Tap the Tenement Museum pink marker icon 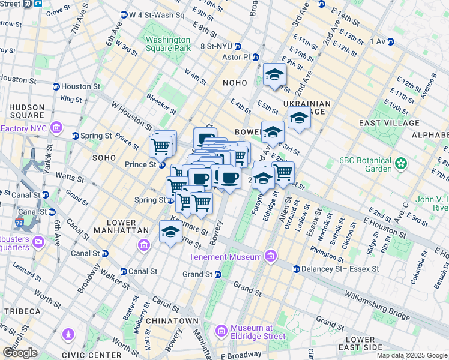coord(271,257)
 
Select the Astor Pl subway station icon coord(256,58)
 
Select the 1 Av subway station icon coord(391,41)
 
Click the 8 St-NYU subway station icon coord(238,46)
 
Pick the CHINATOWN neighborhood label coord(174,321)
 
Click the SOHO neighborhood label coord(103,157)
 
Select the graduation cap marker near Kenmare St coord(170,232)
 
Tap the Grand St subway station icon coord(218,274)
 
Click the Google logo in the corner coord(20,353)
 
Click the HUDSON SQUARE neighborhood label coord(26,111)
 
